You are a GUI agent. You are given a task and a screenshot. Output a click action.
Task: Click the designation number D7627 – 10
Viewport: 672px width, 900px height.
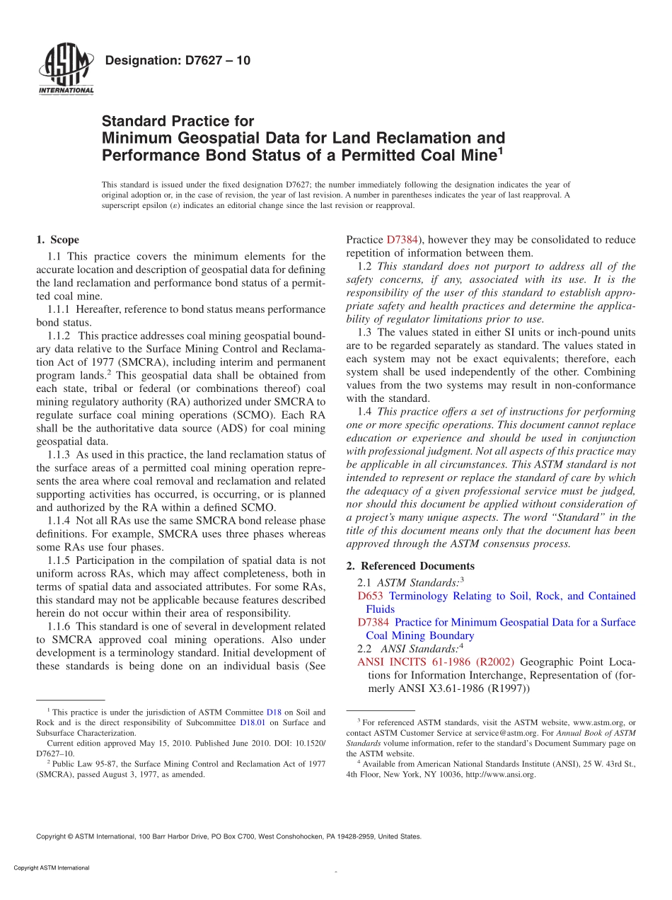click(177, 60)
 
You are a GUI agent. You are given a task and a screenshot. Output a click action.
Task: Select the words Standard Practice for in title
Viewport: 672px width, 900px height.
click(178, 121)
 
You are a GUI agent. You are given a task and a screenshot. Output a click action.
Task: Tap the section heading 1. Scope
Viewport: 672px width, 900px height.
click(57, 240)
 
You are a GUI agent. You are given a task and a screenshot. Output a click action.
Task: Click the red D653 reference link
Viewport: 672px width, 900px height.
click(370, 596)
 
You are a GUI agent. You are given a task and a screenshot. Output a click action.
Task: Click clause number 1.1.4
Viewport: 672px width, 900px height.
click(61, 521)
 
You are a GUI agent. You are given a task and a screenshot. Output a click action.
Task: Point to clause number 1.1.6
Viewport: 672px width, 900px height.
click(61, 626)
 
